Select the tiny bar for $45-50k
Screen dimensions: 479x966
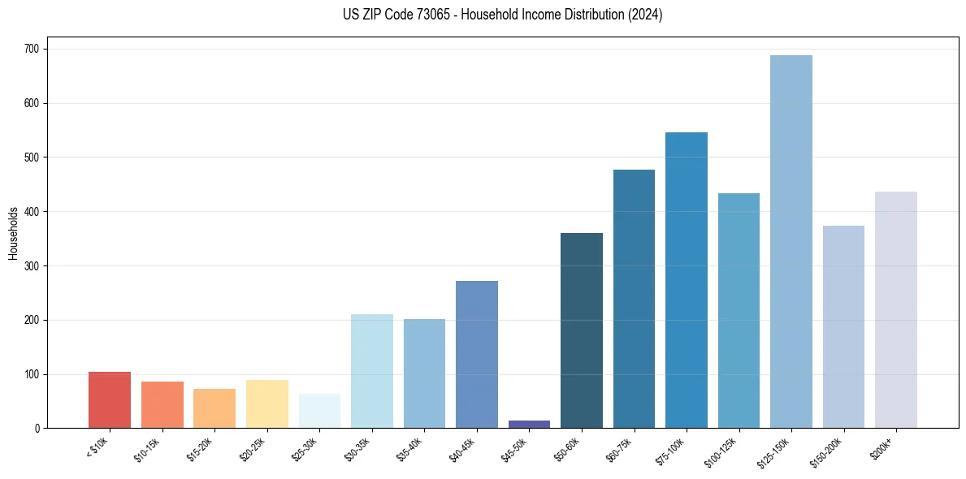pos(529,424)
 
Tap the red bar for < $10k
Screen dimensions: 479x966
pos(110,399)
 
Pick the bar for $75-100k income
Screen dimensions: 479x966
pos(687,280)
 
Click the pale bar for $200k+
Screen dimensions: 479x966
pos(895,309)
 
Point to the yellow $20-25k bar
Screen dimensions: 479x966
pos(267,403)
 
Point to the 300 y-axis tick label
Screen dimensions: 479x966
pos(35,266)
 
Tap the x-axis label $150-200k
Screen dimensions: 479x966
pos(827,451)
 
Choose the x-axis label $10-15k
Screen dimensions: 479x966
pos(148,448)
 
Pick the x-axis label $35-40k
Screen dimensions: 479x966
pos(410,448)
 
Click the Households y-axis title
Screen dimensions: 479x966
pos(13,233)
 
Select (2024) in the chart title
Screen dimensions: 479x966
pos(645,15)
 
